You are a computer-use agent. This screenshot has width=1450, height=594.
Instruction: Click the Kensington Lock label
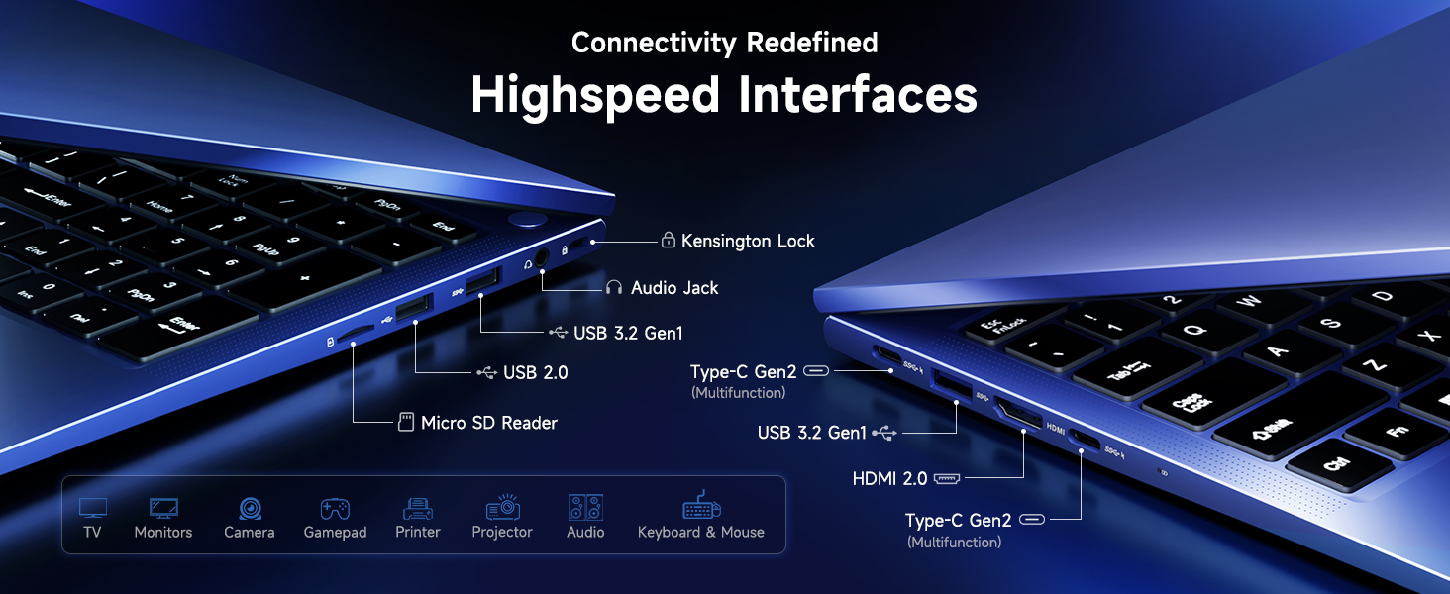click(x=748, y=241)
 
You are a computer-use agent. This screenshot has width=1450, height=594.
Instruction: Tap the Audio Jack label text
click(x=674, y=288)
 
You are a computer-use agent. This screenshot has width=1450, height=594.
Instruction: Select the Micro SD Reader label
click(x=488, y=423)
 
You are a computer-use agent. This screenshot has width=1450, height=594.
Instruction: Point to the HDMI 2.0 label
click(x=889, y=479)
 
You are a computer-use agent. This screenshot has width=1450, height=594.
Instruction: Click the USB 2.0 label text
click(x=535, y=372)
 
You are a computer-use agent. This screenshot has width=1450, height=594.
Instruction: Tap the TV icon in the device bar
click(x=93, y=509)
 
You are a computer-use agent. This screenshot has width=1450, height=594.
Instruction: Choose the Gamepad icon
click(x=335, y=509)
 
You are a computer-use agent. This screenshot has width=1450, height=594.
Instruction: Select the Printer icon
click(x=418, y=509)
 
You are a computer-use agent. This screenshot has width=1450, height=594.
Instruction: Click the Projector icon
click(x=502, y=508)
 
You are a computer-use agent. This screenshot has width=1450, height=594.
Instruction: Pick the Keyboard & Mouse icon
click(x=701, y=507)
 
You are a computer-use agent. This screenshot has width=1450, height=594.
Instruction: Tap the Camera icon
click(x=250, y=509)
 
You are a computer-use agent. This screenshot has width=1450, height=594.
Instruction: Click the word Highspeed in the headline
click(x=595, y=95)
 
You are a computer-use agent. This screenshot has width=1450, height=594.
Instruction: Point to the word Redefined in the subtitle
click(x=812, y=43)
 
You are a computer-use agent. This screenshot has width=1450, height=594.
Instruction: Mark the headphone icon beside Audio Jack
click(x=614, y=288)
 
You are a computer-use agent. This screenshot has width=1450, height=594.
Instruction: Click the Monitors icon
click(x=163, y=509)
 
